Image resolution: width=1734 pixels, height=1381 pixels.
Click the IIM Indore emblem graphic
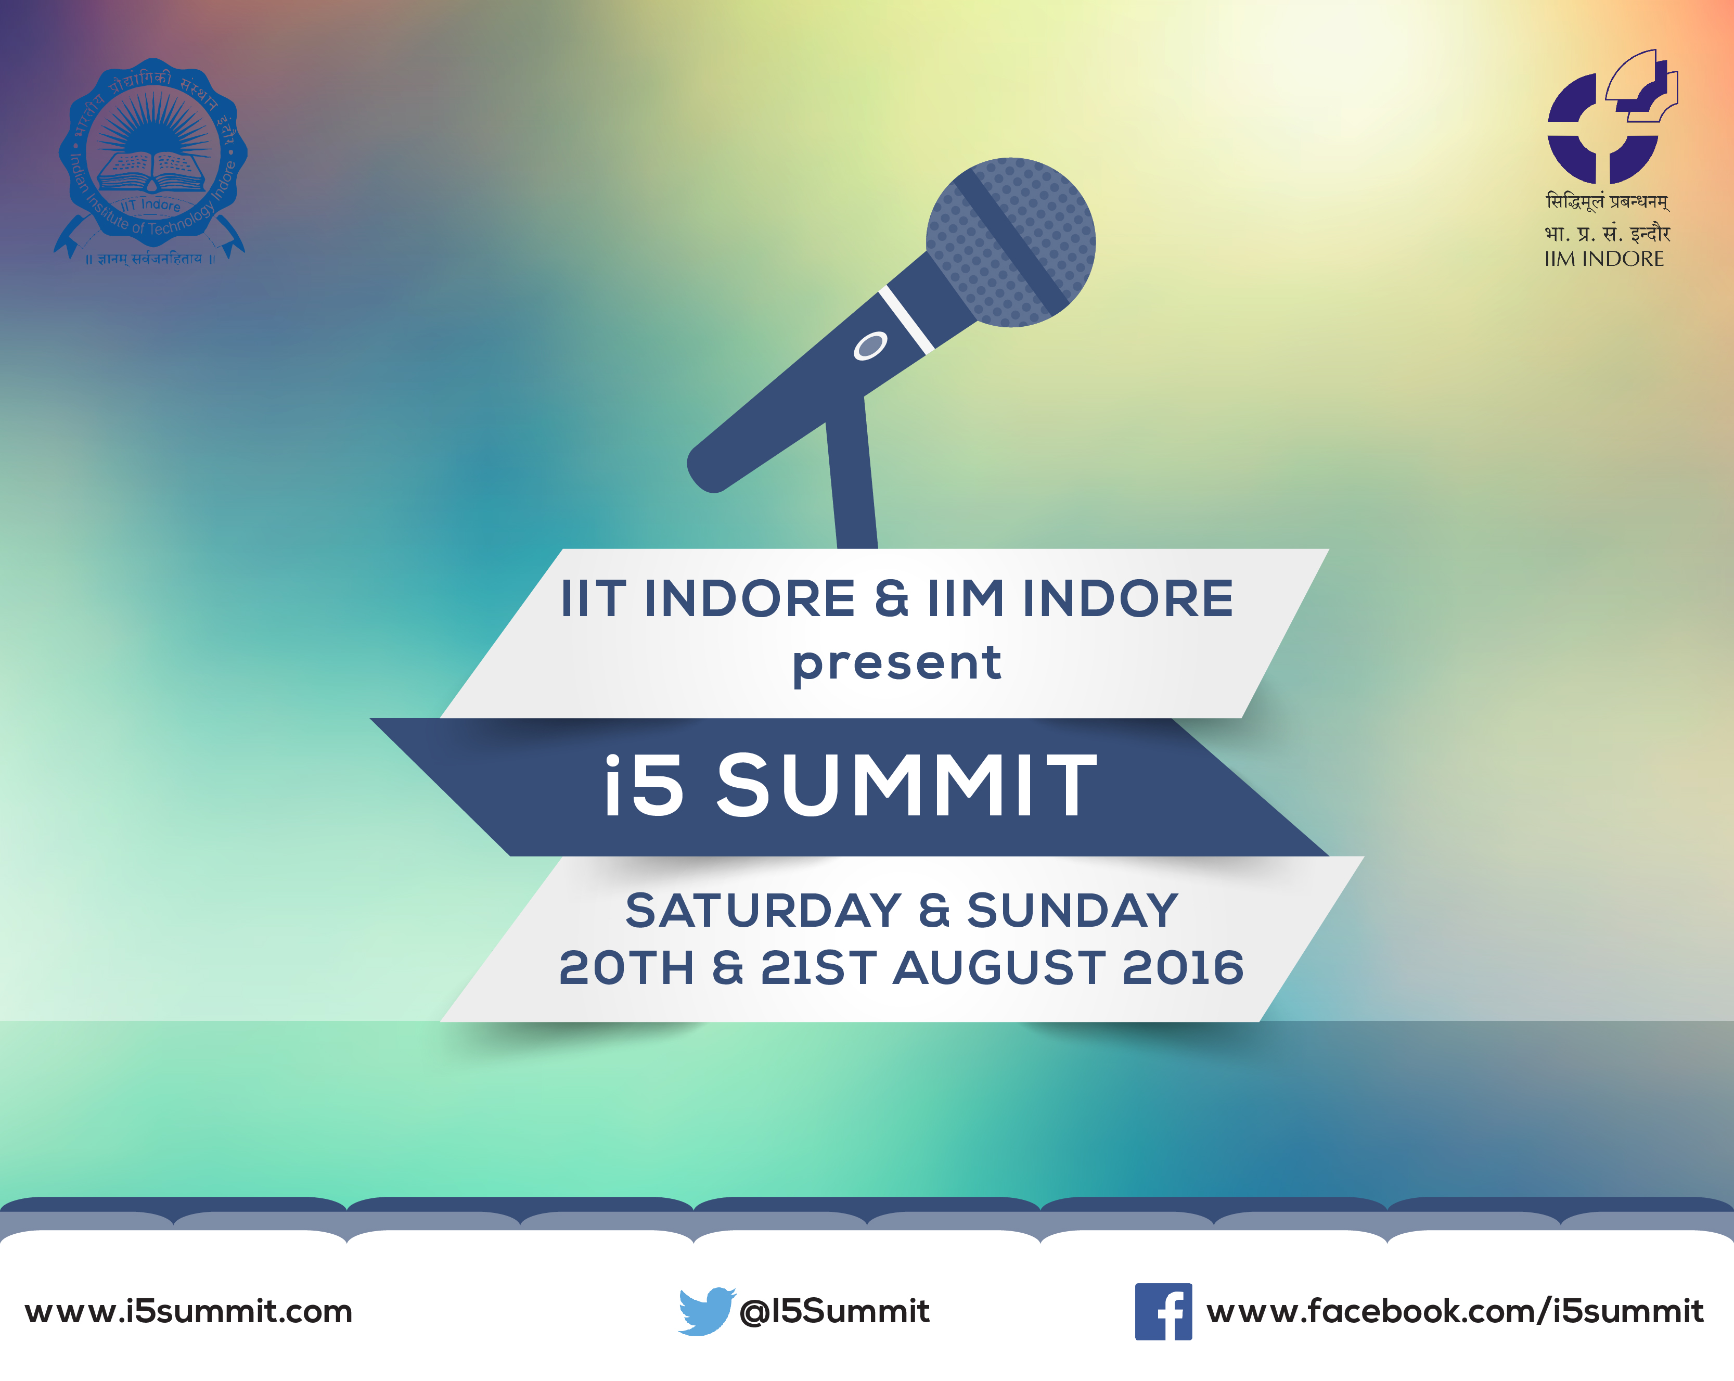click(x=1613, y=117)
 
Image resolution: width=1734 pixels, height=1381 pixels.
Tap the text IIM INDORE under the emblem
click(x=1604, y=259)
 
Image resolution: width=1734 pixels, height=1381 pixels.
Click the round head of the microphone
click(x=1011, y=242)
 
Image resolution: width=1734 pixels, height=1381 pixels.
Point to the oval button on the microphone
click(x=870, y=346)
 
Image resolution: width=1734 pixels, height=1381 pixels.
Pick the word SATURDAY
click(x=763, y=911)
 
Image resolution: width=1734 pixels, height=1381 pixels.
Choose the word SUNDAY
click(x=1072, y=911)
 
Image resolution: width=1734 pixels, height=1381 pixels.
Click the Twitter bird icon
click(x=707, y=1311)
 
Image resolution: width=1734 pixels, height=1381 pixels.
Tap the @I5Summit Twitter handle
click(x=834, y=1312)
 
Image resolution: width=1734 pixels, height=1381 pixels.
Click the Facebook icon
click(x=1163, y=1312)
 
